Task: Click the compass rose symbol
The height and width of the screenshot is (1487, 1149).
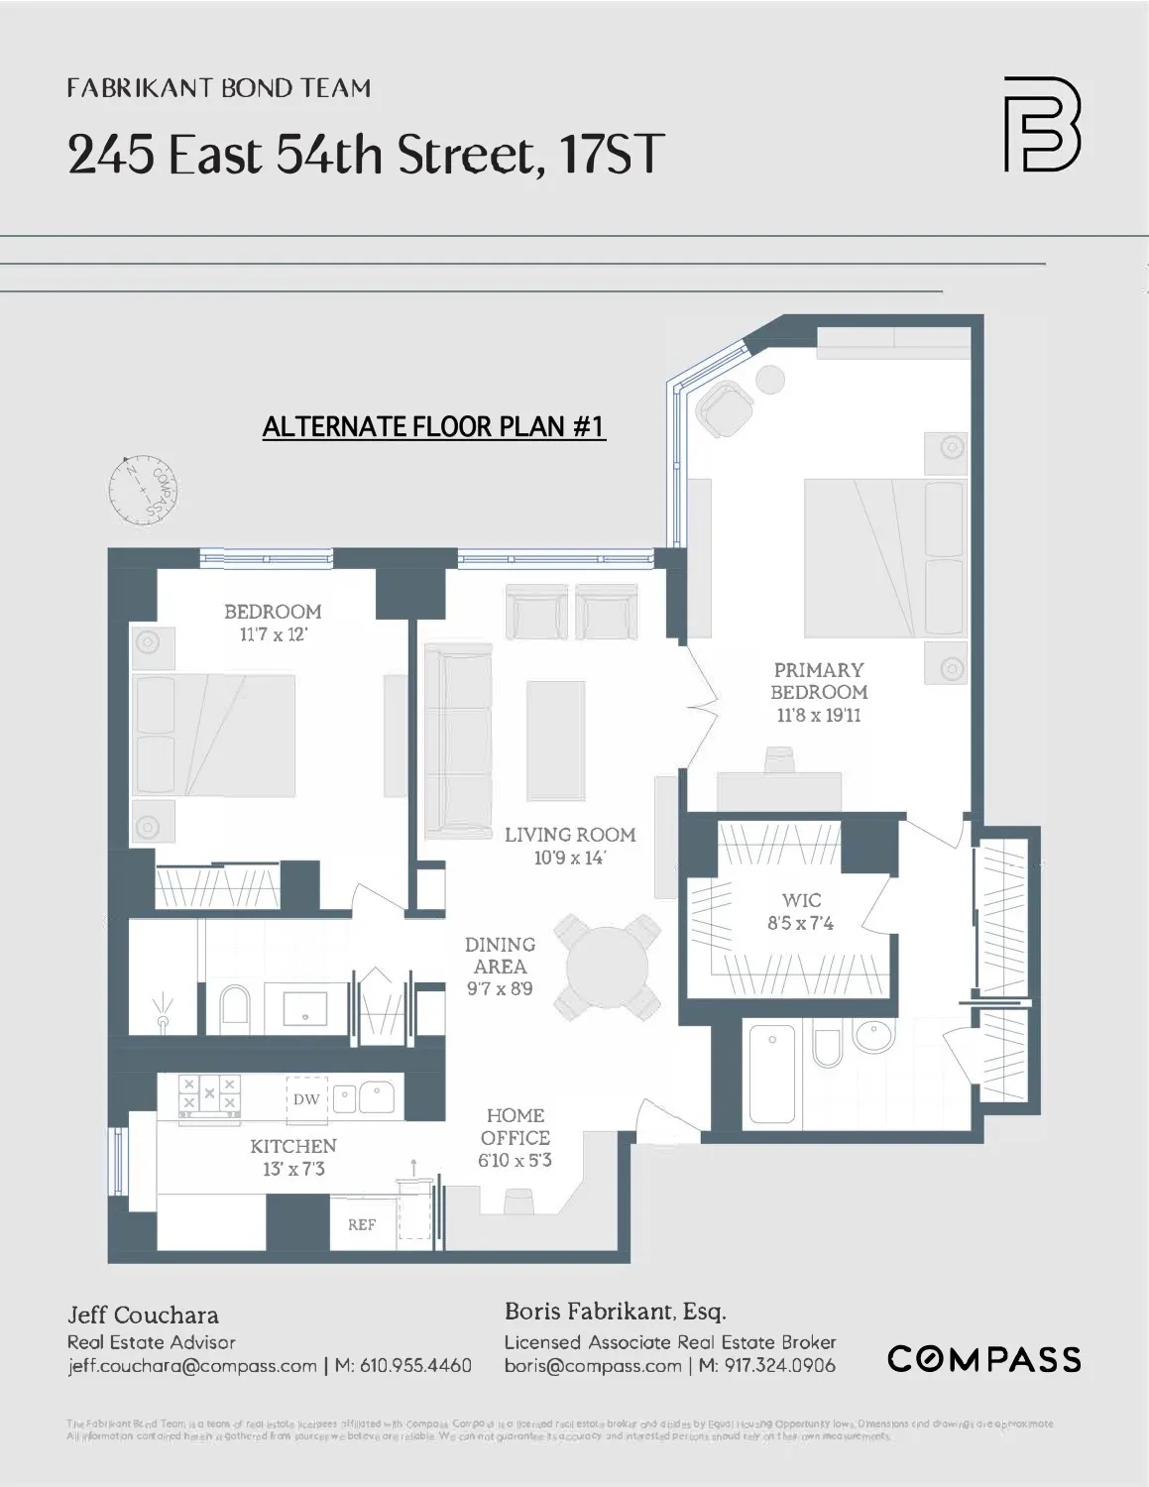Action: (x=145, y=492)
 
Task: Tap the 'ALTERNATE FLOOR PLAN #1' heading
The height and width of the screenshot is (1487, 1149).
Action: (x=433, y=426)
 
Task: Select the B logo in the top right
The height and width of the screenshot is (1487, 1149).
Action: (x=1041, y=125)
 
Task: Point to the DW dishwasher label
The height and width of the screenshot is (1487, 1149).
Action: (x=306, y=1098)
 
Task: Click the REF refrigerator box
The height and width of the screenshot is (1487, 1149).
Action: (x=362, y=1224)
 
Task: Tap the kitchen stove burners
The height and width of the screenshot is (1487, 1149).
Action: (x=209, y=1095)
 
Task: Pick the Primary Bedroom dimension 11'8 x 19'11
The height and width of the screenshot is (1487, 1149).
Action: (x=818, y=715)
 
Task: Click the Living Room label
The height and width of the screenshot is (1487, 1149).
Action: (x=569, y=835)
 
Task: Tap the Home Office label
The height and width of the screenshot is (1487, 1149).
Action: (x=515, y=1127)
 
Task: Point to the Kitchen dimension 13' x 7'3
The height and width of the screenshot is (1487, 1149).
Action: (x=293, y=1169)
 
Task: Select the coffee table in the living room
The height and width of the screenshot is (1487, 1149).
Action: (x=555, y=740)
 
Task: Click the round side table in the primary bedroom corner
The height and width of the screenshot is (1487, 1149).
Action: (x=769, y=380)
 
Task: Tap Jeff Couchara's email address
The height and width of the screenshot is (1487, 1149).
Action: (x=192, y=1365)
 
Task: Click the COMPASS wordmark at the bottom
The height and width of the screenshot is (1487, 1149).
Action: (x=983, y=1358)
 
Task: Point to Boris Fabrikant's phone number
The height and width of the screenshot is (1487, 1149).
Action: (x=766, y=1365)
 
